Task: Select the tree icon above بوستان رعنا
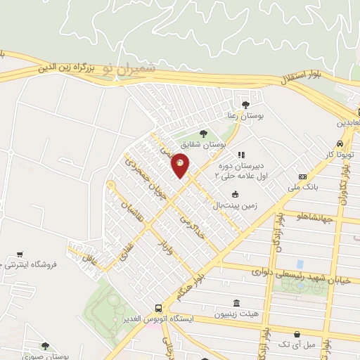245,105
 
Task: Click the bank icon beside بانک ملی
302,176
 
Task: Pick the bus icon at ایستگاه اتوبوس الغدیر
160,308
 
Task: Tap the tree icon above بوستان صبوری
46,345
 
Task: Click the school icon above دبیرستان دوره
241,155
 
